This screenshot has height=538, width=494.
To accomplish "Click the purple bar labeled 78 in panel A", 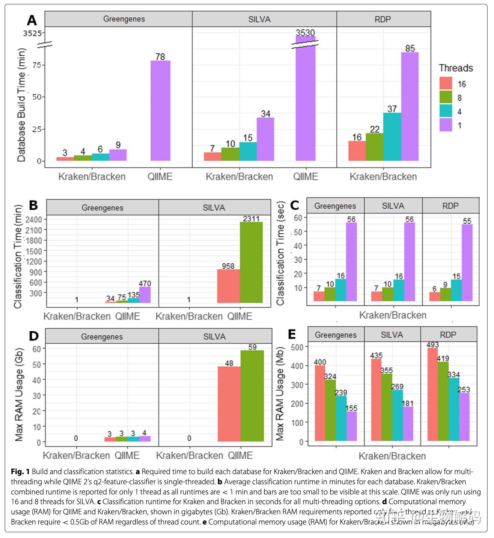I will pyautogui.click(x=160, y=111).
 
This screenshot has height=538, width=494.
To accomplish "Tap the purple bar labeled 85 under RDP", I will pyautogui.click(x=410, y=107).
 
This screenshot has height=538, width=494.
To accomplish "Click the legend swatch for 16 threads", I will pyautogui.click(x=446, y=83).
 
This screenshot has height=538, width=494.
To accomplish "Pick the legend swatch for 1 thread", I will pyautogui.click(x=446, y=125).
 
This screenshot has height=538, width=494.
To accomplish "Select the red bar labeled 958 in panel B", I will pyautogui.click(x=228, y=286).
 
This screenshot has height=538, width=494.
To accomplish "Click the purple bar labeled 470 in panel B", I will pyautogui.click(x=145, y=295).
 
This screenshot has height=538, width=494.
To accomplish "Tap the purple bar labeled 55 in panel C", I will pyautogui.click(x=467, y=263).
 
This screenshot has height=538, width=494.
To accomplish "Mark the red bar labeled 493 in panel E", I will pyautogui.click(x=432, y=394).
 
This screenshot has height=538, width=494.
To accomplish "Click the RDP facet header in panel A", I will pyautogui.click(x=383, y=19).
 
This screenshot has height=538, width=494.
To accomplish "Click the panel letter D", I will pyautogui.click(x=34, y=336).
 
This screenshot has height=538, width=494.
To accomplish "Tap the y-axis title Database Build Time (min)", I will pyautogui.click(x=21, y=105).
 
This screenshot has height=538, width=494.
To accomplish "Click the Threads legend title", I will pyautogui.click(x=456, y=68).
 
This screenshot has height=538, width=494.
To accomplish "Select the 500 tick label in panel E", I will pyautogui.click(x=297, y=347).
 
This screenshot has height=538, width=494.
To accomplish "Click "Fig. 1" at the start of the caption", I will pyautogui.click(x=20, y=472).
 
